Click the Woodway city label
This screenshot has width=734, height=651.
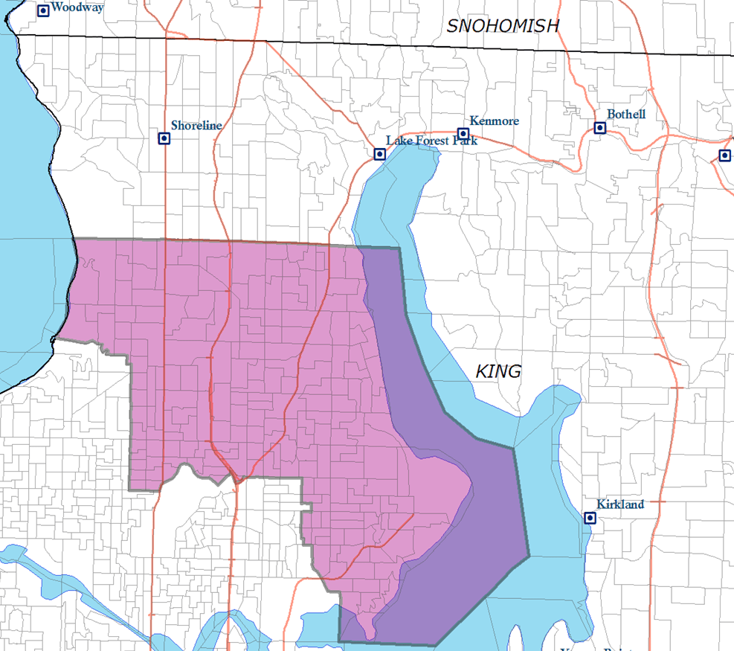click(77, 7)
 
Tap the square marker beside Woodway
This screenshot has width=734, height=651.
click(43, 10)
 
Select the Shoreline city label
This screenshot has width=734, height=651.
click(196, 126)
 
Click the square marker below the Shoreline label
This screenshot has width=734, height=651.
click(164, 138)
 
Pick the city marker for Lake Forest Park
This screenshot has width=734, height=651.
click(380, 154)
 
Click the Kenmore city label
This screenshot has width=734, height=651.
click(495, 121)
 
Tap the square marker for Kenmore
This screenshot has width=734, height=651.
click(463, 133)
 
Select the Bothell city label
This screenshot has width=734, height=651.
click(626, 115)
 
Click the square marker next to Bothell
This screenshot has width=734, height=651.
click(599, 128)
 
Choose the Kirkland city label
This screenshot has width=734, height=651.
click(619, 504)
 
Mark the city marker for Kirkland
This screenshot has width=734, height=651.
click(590, 518)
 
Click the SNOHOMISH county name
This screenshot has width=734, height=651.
click(503, 26)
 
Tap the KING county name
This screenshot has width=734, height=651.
click(498, 371)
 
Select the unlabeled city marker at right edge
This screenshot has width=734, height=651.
click(725, 155)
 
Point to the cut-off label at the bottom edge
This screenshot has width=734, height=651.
click(595, 647)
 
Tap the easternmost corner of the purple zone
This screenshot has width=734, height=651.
click(529, 556)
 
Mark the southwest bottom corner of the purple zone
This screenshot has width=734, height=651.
click(340, 641)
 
